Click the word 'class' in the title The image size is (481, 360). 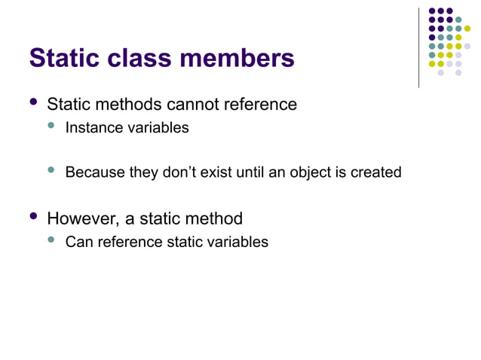pyautogui.click(x=130, y=57)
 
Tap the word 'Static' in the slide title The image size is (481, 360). pyautogui.click(x=61, y=57)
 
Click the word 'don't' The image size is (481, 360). pyautogui.click(x=180, y=172)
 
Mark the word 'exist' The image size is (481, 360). pyautogui.click(x=218, y=172)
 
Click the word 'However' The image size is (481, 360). pyautogui.click(x=78, y=219)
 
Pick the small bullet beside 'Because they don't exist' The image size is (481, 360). pyautogui.click(x=52, y=170)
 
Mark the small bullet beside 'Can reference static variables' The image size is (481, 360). pyautogui.click(x=52, y=240)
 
